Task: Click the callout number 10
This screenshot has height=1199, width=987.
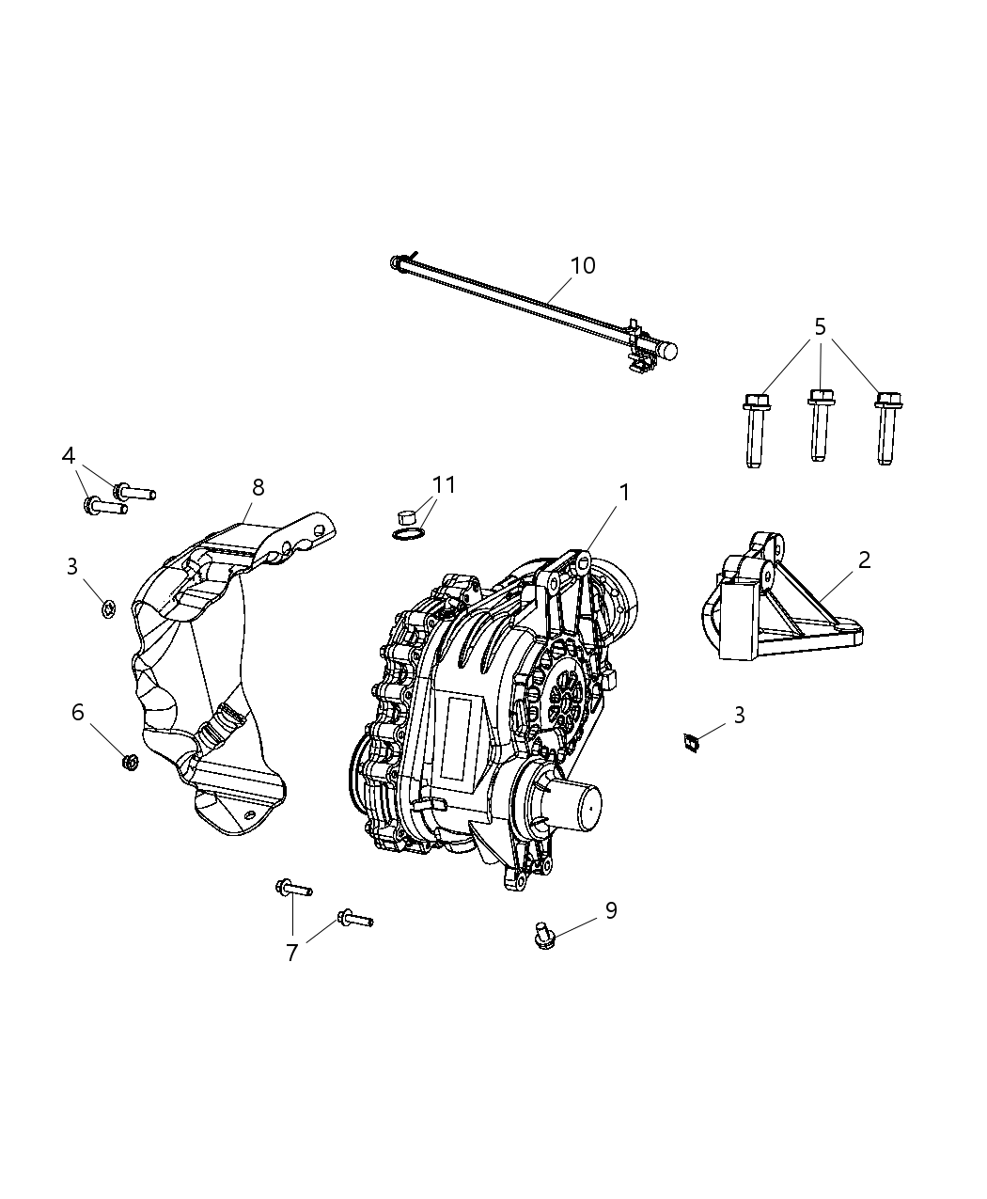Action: click(x=583, y=266)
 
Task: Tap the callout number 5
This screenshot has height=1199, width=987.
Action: click(x=820, y=327)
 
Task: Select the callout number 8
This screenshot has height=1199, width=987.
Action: click(x=258, y=487)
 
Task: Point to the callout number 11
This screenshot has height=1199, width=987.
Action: click(x=444, y=485)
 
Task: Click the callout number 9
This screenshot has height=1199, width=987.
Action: click(x=611, y=910)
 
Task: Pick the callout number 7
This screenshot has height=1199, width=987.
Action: click(x=292, y=953)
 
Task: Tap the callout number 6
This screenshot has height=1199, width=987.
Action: click(x=78, y=712)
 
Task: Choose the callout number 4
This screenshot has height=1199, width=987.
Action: click(x=69, y=456)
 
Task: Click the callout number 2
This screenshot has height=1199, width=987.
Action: click(x=864, y=560)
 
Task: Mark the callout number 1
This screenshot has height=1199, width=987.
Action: click(x=623, y=492)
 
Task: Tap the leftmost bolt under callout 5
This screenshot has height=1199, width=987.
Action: click(x=754, y=432)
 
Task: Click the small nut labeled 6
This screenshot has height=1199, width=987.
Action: click(x=131, y=762)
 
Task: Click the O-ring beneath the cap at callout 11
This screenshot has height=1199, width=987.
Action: click(x=405, y=535)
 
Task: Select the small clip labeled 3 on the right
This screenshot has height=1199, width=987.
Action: click(x=693, y=744)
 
